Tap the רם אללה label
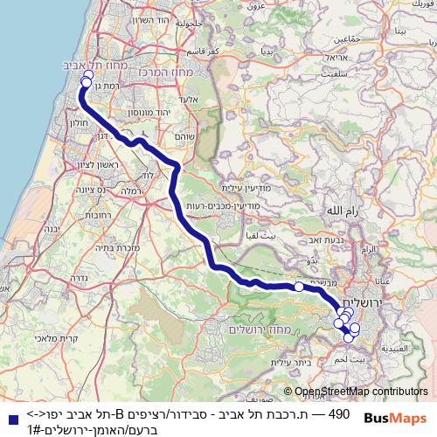343,211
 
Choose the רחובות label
87,214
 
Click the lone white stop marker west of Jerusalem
298,286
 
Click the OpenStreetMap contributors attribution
361,391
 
